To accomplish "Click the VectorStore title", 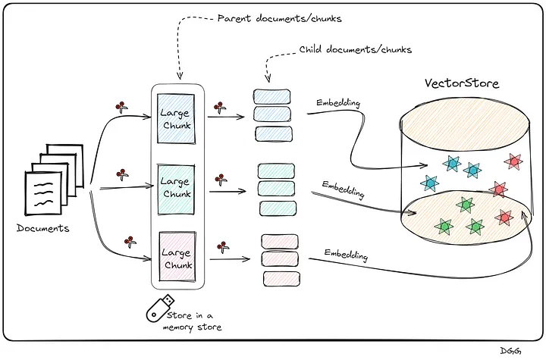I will tap(461, 84).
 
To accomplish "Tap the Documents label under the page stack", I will tap(43, 227).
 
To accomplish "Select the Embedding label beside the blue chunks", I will tap(337, 104).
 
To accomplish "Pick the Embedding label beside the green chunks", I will tap(343, 189).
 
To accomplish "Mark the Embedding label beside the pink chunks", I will tap(346, 255).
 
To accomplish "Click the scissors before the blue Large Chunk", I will tap(120, 107).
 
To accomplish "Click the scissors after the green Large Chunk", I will tap(221, 180).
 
